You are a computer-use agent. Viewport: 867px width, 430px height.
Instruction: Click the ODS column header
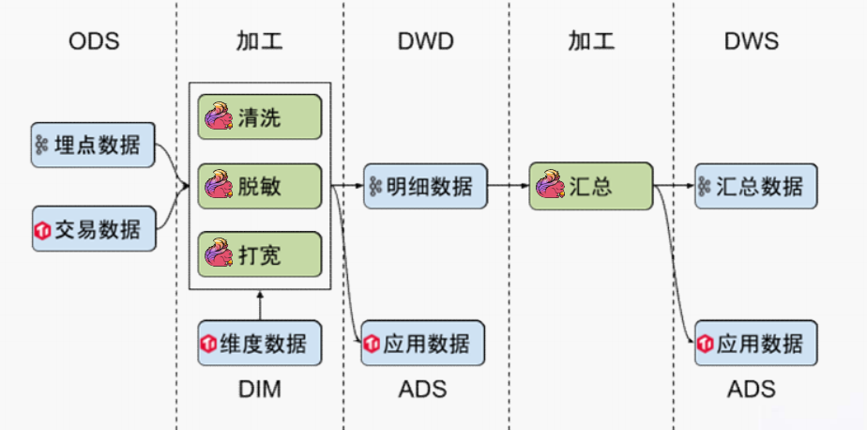point(94,41)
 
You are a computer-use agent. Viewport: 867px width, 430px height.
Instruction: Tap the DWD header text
point(425,41)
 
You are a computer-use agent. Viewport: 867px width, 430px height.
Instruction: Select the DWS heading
point(752,41)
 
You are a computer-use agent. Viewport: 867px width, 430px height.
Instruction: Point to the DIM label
point(259,390)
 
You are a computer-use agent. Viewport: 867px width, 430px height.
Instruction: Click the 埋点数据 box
point(93,145)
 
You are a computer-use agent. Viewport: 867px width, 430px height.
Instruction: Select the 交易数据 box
point(94,228)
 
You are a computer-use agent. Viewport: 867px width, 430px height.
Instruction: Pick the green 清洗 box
point(259,116)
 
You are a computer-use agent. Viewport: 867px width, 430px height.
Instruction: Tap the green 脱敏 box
point(259,186)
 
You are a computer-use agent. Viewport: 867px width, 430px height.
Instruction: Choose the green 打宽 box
point(259,254)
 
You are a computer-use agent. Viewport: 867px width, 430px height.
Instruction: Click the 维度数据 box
point(259,343)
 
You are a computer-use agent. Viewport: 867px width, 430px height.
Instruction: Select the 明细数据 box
point(425,186)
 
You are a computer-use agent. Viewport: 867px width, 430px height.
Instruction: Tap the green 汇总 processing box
point(591,186)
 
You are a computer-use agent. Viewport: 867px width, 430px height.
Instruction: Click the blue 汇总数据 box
point(756,186)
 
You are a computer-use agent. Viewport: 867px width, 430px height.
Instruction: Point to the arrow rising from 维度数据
point(260,305)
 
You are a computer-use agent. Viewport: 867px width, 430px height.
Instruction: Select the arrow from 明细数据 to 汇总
point(509,186)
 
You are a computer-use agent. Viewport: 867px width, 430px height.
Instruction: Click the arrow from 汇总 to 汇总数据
point(674,186)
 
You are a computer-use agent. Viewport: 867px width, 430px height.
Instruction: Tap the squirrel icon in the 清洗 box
point(219,115)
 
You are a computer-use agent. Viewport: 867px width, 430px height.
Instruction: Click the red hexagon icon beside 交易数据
point(42,230)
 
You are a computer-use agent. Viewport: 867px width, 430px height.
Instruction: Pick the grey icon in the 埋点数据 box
point(42,146)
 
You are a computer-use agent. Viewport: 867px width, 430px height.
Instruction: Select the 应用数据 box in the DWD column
point(423,343)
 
